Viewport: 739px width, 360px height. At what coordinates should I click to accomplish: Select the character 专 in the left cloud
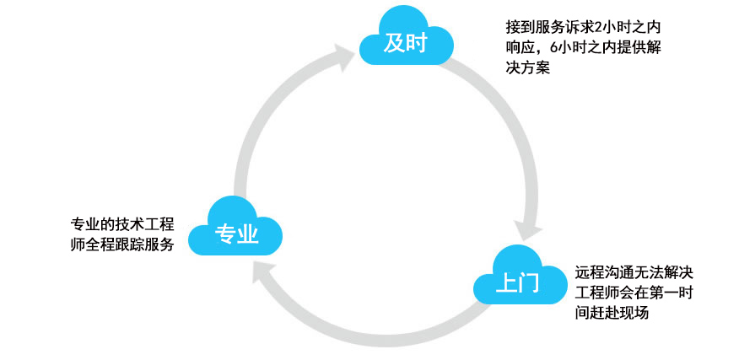tap(224, 234)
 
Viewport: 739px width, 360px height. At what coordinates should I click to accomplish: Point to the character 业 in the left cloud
tap(247, 234)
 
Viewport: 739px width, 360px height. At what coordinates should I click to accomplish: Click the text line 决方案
tap(523, 68)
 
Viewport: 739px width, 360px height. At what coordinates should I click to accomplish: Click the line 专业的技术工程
tap(121, 225)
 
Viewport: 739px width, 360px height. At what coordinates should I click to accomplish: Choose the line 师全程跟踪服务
tap(121, 244)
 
